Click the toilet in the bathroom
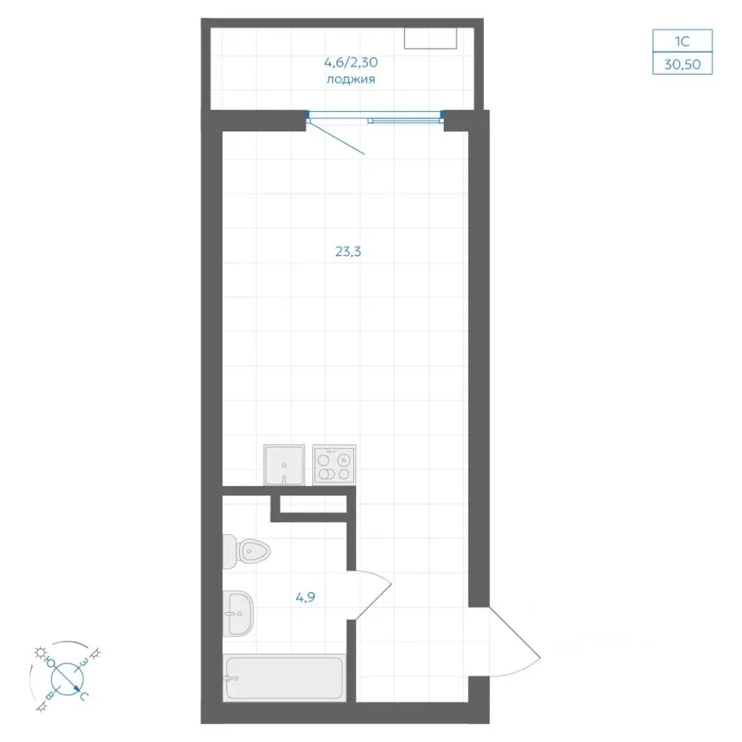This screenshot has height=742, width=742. [246, 551]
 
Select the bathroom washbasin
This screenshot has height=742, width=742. [238, 614]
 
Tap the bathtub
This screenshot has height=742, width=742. [284, 678]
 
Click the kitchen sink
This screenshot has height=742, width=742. [284, 465]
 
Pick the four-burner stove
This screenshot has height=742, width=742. [334, 465]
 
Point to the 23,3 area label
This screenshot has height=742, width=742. [349, 252]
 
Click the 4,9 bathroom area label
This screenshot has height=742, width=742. [305, 597]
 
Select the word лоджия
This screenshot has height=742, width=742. [351, 80]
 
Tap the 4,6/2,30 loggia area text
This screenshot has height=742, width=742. [351, 62]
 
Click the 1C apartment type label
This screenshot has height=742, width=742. [682, 42]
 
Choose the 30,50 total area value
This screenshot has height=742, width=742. [682, 64]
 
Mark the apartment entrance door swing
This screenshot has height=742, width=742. [515, 642]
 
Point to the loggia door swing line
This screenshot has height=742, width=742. [336, 137]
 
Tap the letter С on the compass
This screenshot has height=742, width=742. [83, 696]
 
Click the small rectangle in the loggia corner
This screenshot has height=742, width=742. [431, 38]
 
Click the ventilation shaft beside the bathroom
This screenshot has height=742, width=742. [313, 504]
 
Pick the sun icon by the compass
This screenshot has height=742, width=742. [39, 652]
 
